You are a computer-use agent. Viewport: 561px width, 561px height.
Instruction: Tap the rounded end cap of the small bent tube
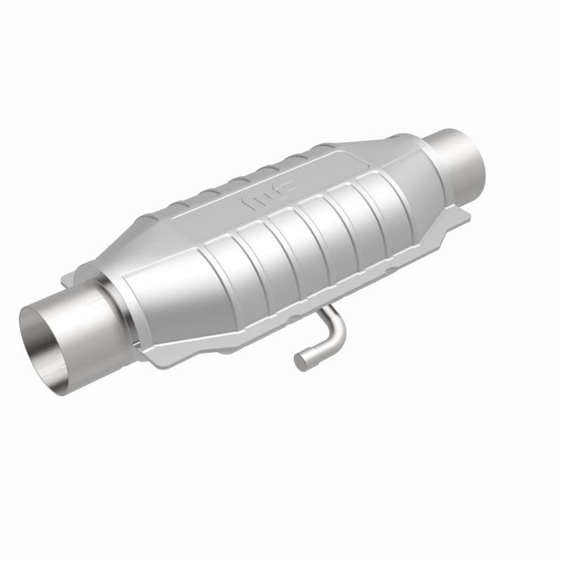tap(300, 361)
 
